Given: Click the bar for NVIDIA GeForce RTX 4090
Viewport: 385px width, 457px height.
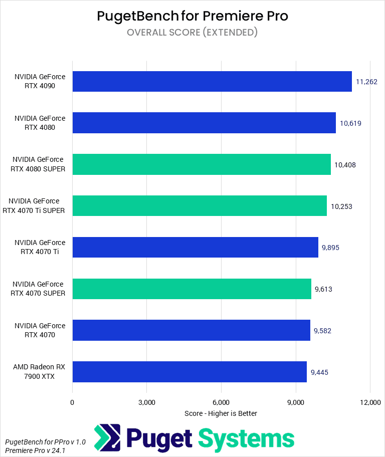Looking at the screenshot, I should click(212, 82).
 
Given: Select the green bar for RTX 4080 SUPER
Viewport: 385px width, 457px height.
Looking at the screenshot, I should click(202, 164).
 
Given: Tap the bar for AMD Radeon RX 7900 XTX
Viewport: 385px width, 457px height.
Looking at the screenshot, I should click(189, 372).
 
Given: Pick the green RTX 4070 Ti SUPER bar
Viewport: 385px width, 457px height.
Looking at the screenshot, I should click(200, 206).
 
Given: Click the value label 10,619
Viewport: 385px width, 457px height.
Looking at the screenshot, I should click(351, 123).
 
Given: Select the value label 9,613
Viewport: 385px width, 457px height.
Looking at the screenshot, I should click(323, 289).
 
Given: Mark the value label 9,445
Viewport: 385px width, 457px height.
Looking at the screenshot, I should click(319, 372).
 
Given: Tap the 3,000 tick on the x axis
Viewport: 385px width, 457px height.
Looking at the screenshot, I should click(146, 402).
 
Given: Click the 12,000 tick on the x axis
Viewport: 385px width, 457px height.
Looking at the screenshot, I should click(369, 402).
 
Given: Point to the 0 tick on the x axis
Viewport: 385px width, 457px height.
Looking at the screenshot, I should click(73, 402).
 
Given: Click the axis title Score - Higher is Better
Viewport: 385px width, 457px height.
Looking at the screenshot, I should click(221, 413).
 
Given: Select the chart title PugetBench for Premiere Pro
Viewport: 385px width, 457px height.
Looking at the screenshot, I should click(192, 16).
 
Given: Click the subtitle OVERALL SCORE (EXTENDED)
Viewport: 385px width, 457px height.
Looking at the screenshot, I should click(192, 33).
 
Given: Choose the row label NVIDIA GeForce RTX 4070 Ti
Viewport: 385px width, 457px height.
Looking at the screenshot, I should click(40, 248).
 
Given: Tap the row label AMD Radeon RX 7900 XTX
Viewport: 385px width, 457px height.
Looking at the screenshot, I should click(40, 372).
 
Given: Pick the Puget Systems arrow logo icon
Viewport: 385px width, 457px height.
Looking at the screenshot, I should click(107, 438).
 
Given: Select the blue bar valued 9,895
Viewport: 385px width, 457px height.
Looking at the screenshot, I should click(196, 248).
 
